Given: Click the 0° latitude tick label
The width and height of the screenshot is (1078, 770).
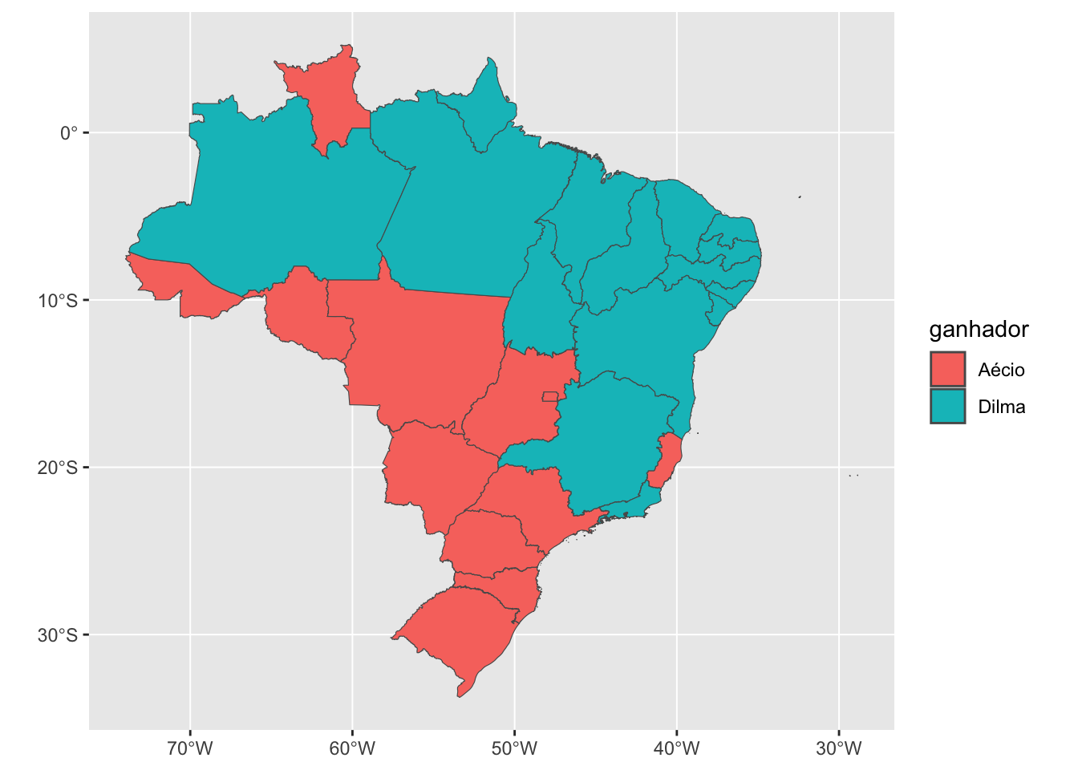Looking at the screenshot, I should click(x=68, y=133).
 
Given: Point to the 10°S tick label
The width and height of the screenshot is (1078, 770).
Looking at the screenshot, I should click(x=58, y=301).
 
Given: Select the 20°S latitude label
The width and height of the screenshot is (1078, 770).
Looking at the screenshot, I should click(x=58, y=468).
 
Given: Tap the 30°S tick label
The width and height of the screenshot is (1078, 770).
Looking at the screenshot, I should click(x=58, y=635).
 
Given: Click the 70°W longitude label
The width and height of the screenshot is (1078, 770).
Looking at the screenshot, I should click(x=190, y=749).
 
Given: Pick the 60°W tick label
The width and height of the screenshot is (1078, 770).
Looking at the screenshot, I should click(x=352, y=749).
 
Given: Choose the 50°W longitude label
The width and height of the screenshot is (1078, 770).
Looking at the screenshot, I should click(x=514, y=749).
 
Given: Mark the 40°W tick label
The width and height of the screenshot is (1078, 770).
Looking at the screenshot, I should click(x=676, y=749).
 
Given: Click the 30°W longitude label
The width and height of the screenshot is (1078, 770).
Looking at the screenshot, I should click(x=838, y=749).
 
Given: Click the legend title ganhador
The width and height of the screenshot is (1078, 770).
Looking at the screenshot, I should click(x=979, y=330).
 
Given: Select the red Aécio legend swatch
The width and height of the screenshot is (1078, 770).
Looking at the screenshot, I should click(x=947, y=370).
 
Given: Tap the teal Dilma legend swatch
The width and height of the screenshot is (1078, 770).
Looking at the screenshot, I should click(x=947, y=407).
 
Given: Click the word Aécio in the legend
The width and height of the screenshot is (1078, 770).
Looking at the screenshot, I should click(x=1001, y=370).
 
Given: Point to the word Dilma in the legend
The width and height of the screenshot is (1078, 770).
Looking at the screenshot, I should click(x=1001, y=407).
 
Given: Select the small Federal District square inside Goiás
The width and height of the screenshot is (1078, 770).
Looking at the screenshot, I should click(x=550, y=396).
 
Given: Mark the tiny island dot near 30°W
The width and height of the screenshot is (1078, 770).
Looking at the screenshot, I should click(x=853, y=476).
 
